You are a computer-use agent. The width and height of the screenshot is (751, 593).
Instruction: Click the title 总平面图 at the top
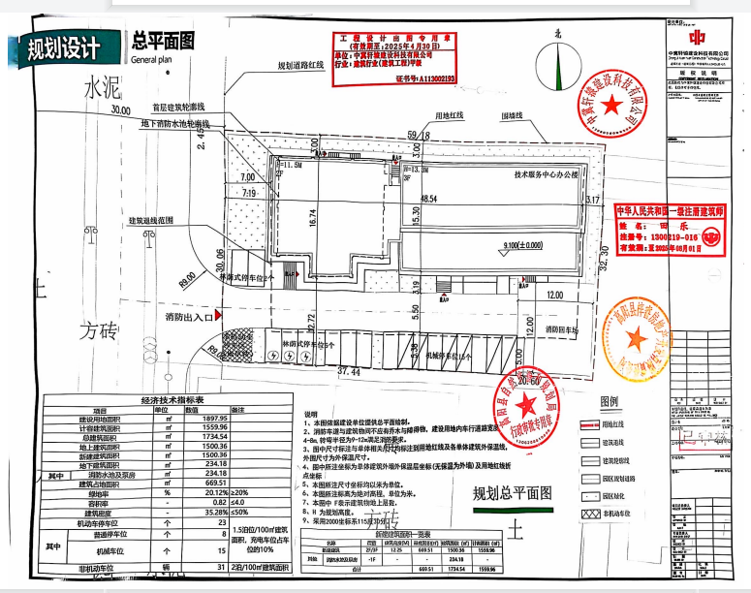point(164,41)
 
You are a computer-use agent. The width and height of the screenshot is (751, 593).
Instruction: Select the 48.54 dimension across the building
point(429,198)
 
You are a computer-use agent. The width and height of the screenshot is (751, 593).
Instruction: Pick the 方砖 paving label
point(99,331)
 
